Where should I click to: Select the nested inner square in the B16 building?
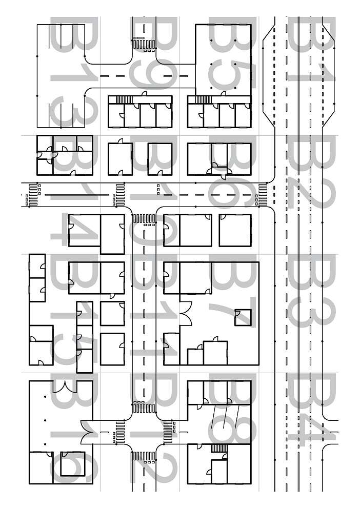(70, 463)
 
